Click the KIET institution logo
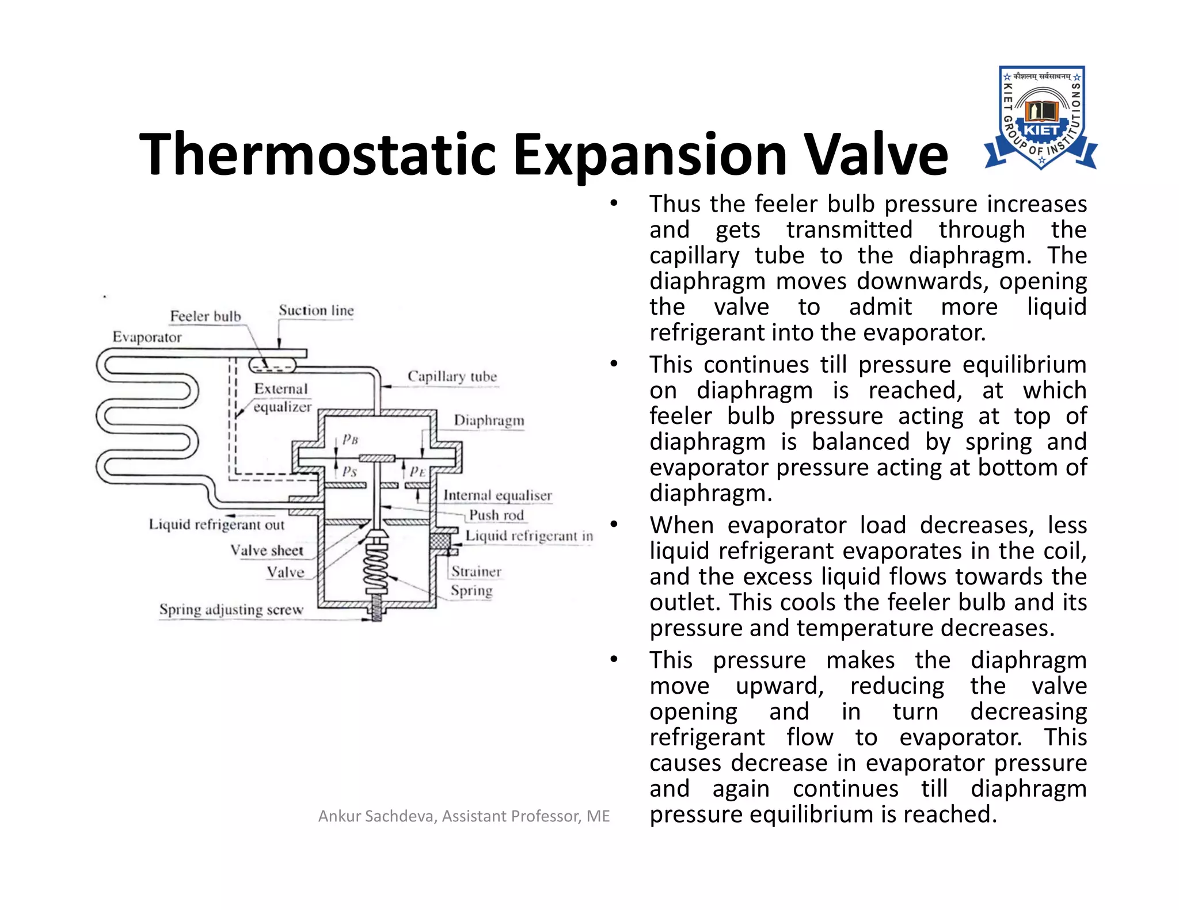[x=1041, y=117]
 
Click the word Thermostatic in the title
[x=317, y=154]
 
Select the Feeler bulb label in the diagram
[x=206, y=316]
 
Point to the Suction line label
[x=316, y=310]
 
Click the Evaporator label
[x=147, y=337]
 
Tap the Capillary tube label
[x=452, y=376]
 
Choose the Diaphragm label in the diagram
[x=489, y=420]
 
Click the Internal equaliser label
[x=497, y=495]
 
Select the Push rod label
[x=496, y=515]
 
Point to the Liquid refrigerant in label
[x=529, y=536]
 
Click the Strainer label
[x=476, y=571]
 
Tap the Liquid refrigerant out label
[x=216, y=525]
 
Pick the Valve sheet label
[x=267, y=550]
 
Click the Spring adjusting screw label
[x=231, y=609]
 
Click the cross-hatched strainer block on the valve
[x=440, y=541]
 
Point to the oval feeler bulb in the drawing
[x=272, y=365]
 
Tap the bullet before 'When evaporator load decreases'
[x=614, y=525]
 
